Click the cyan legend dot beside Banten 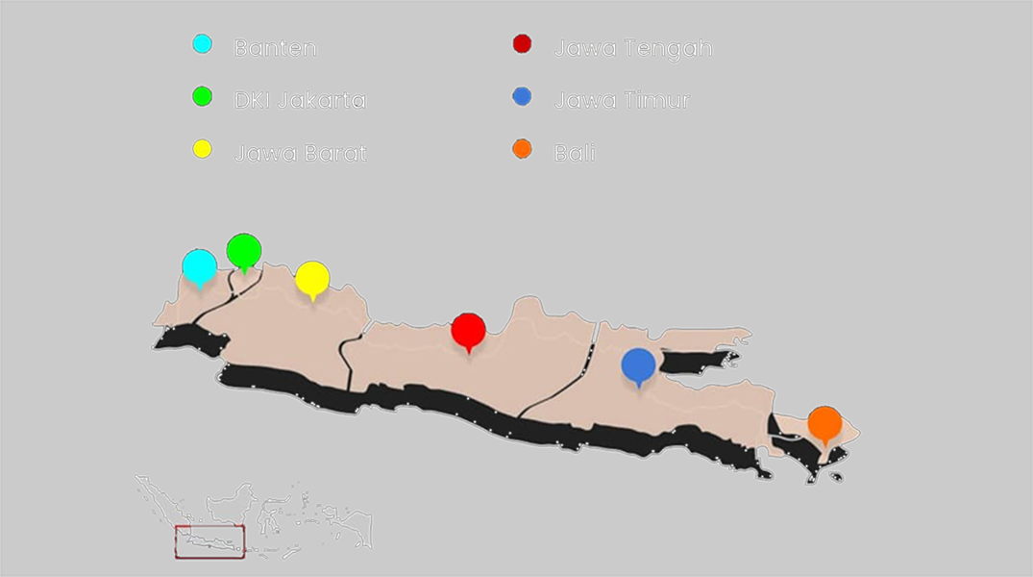point(203,44)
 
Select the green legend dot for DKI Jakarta point(203,96)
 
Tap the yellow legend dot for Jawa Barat point(203,149)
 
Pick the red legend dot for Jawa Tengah point(523,44)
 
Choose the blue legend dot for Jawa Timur point(523,96)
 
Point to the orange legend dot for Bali point(523,149)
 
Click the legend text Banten point(275,48)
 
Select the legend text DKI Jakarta point(300,100)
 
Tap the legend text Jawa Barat point(300,153)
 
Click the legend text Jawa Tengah point(632,48)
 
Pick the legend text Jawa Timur point(621,100)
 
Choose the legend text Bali point(574,153)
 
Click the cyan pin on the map point(200,265)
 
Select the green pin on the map point(244,250)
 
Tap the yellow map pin point(312,278)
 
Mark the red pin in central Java point(468,330)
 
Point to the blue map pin point(638,364)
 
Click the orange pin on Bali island point(824,423)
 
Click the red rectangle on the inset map point(209,541)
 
